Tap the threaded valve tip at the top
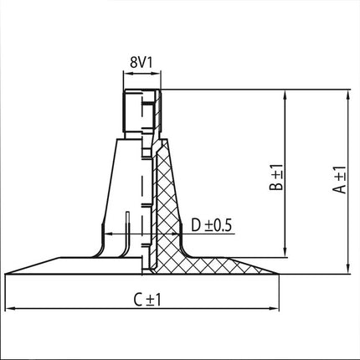[x=140, y=109]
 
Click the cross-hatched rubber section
[x=171, y=218]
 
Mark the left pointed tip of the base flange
[x=6, y=273]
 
